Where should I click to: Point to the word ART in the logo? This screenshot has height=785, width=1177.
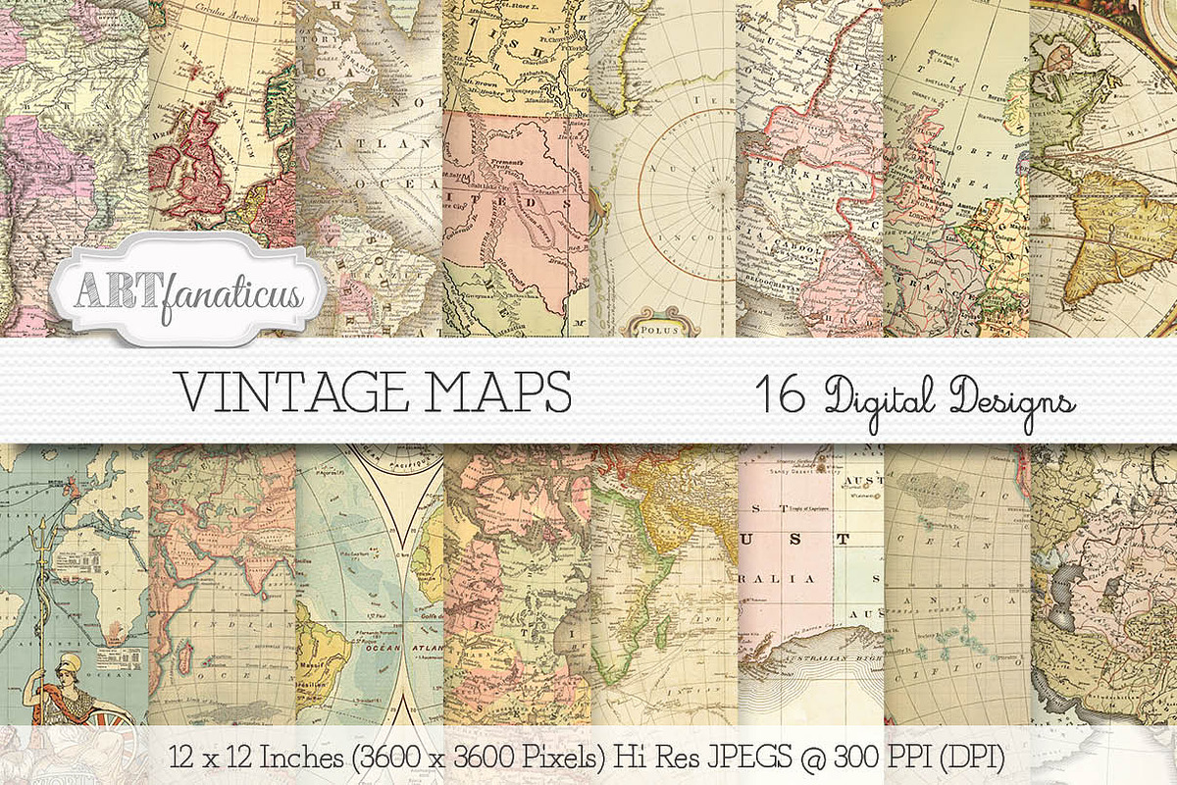[x=109, y=290]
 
